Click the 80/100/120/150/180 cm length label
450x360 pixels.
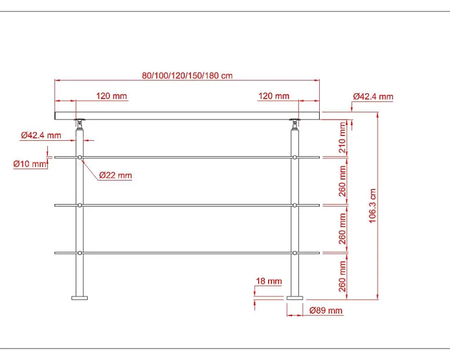coord(187,75)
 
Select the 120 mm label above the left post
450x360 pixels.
coord(112,96)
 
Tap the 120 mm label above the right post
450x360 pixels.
coord(274,96)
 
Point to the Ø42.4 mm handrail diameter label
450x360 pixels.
coord(373,96)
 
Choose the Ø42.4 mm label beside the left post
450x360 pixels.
coord(41,135)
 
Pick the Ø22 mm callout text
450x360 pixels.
coord(115,175)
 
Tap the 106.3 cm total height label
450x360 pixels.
coord(373,205)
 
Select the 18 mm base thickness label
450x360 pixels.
coord(270,281)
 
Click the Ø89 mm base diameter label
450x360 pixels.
coord(326,310)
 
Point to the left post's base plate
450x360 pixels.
coord(79,298)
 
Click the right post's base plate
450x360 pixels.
coord(294,298)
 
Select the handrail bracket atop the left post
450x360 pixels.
coord(79,123)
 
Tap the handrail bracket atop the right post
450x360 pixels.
coord(294,123)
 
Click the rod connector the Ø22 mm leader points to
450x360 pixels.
coord(80,157)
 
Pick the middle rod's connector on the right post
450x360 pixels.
coord(294,205)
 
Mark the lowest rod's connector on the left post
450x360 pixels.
coord(80,253)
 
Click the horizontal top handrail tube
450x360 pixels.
coord(187,115)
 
